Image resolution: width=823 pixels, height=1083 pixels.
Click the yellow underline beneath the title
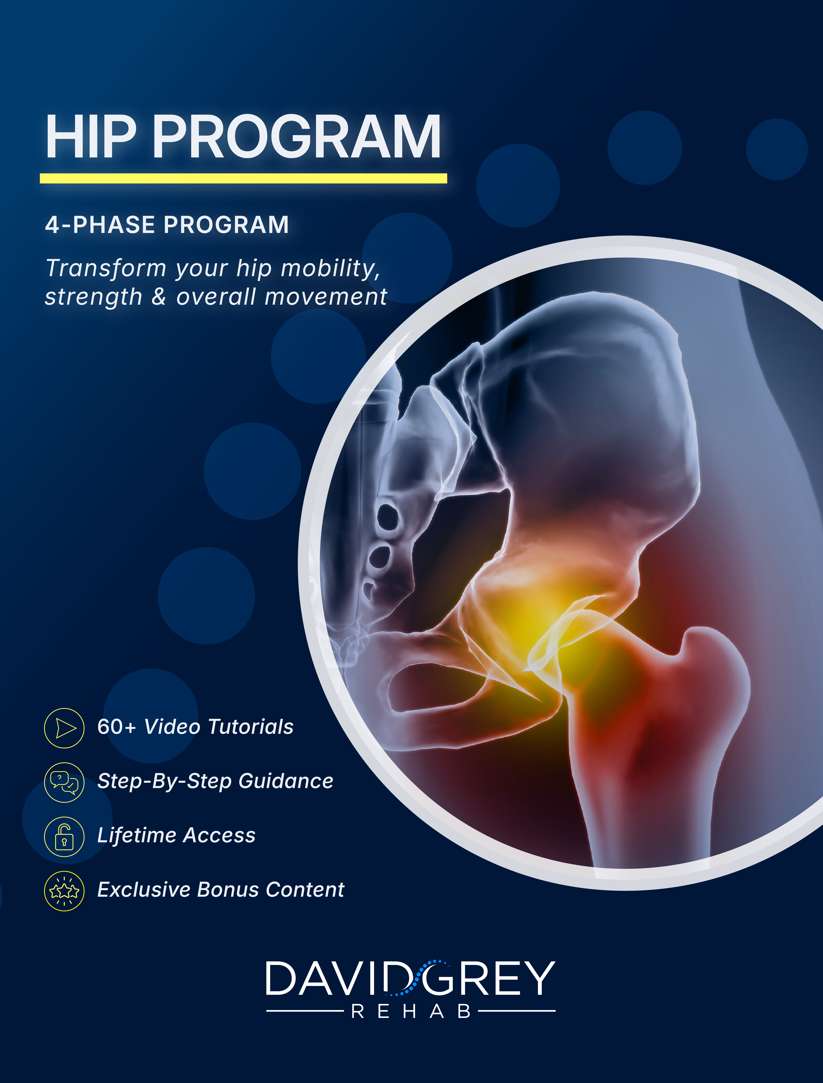pos(243,178)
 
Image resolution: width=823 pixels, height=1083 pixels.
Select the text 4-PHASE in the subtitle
pos(100,225)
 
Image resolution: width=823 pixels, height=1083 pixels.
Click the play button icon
pos(64,728)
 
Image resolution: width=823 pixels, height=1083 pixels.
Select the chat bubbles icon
pos(64,782)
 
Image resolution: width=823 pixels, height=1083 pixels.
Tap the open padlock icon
pos(64,836)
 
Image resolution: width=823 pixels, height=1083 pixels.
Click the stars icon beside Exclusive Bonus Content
pos(64,891)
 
